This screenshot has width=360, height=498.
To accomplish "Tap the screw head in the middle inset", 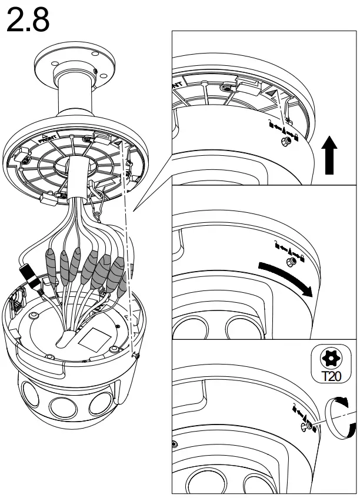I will [289, 260].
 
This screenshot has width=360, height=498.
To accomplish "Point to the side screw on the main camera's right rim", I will [136, 355].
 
